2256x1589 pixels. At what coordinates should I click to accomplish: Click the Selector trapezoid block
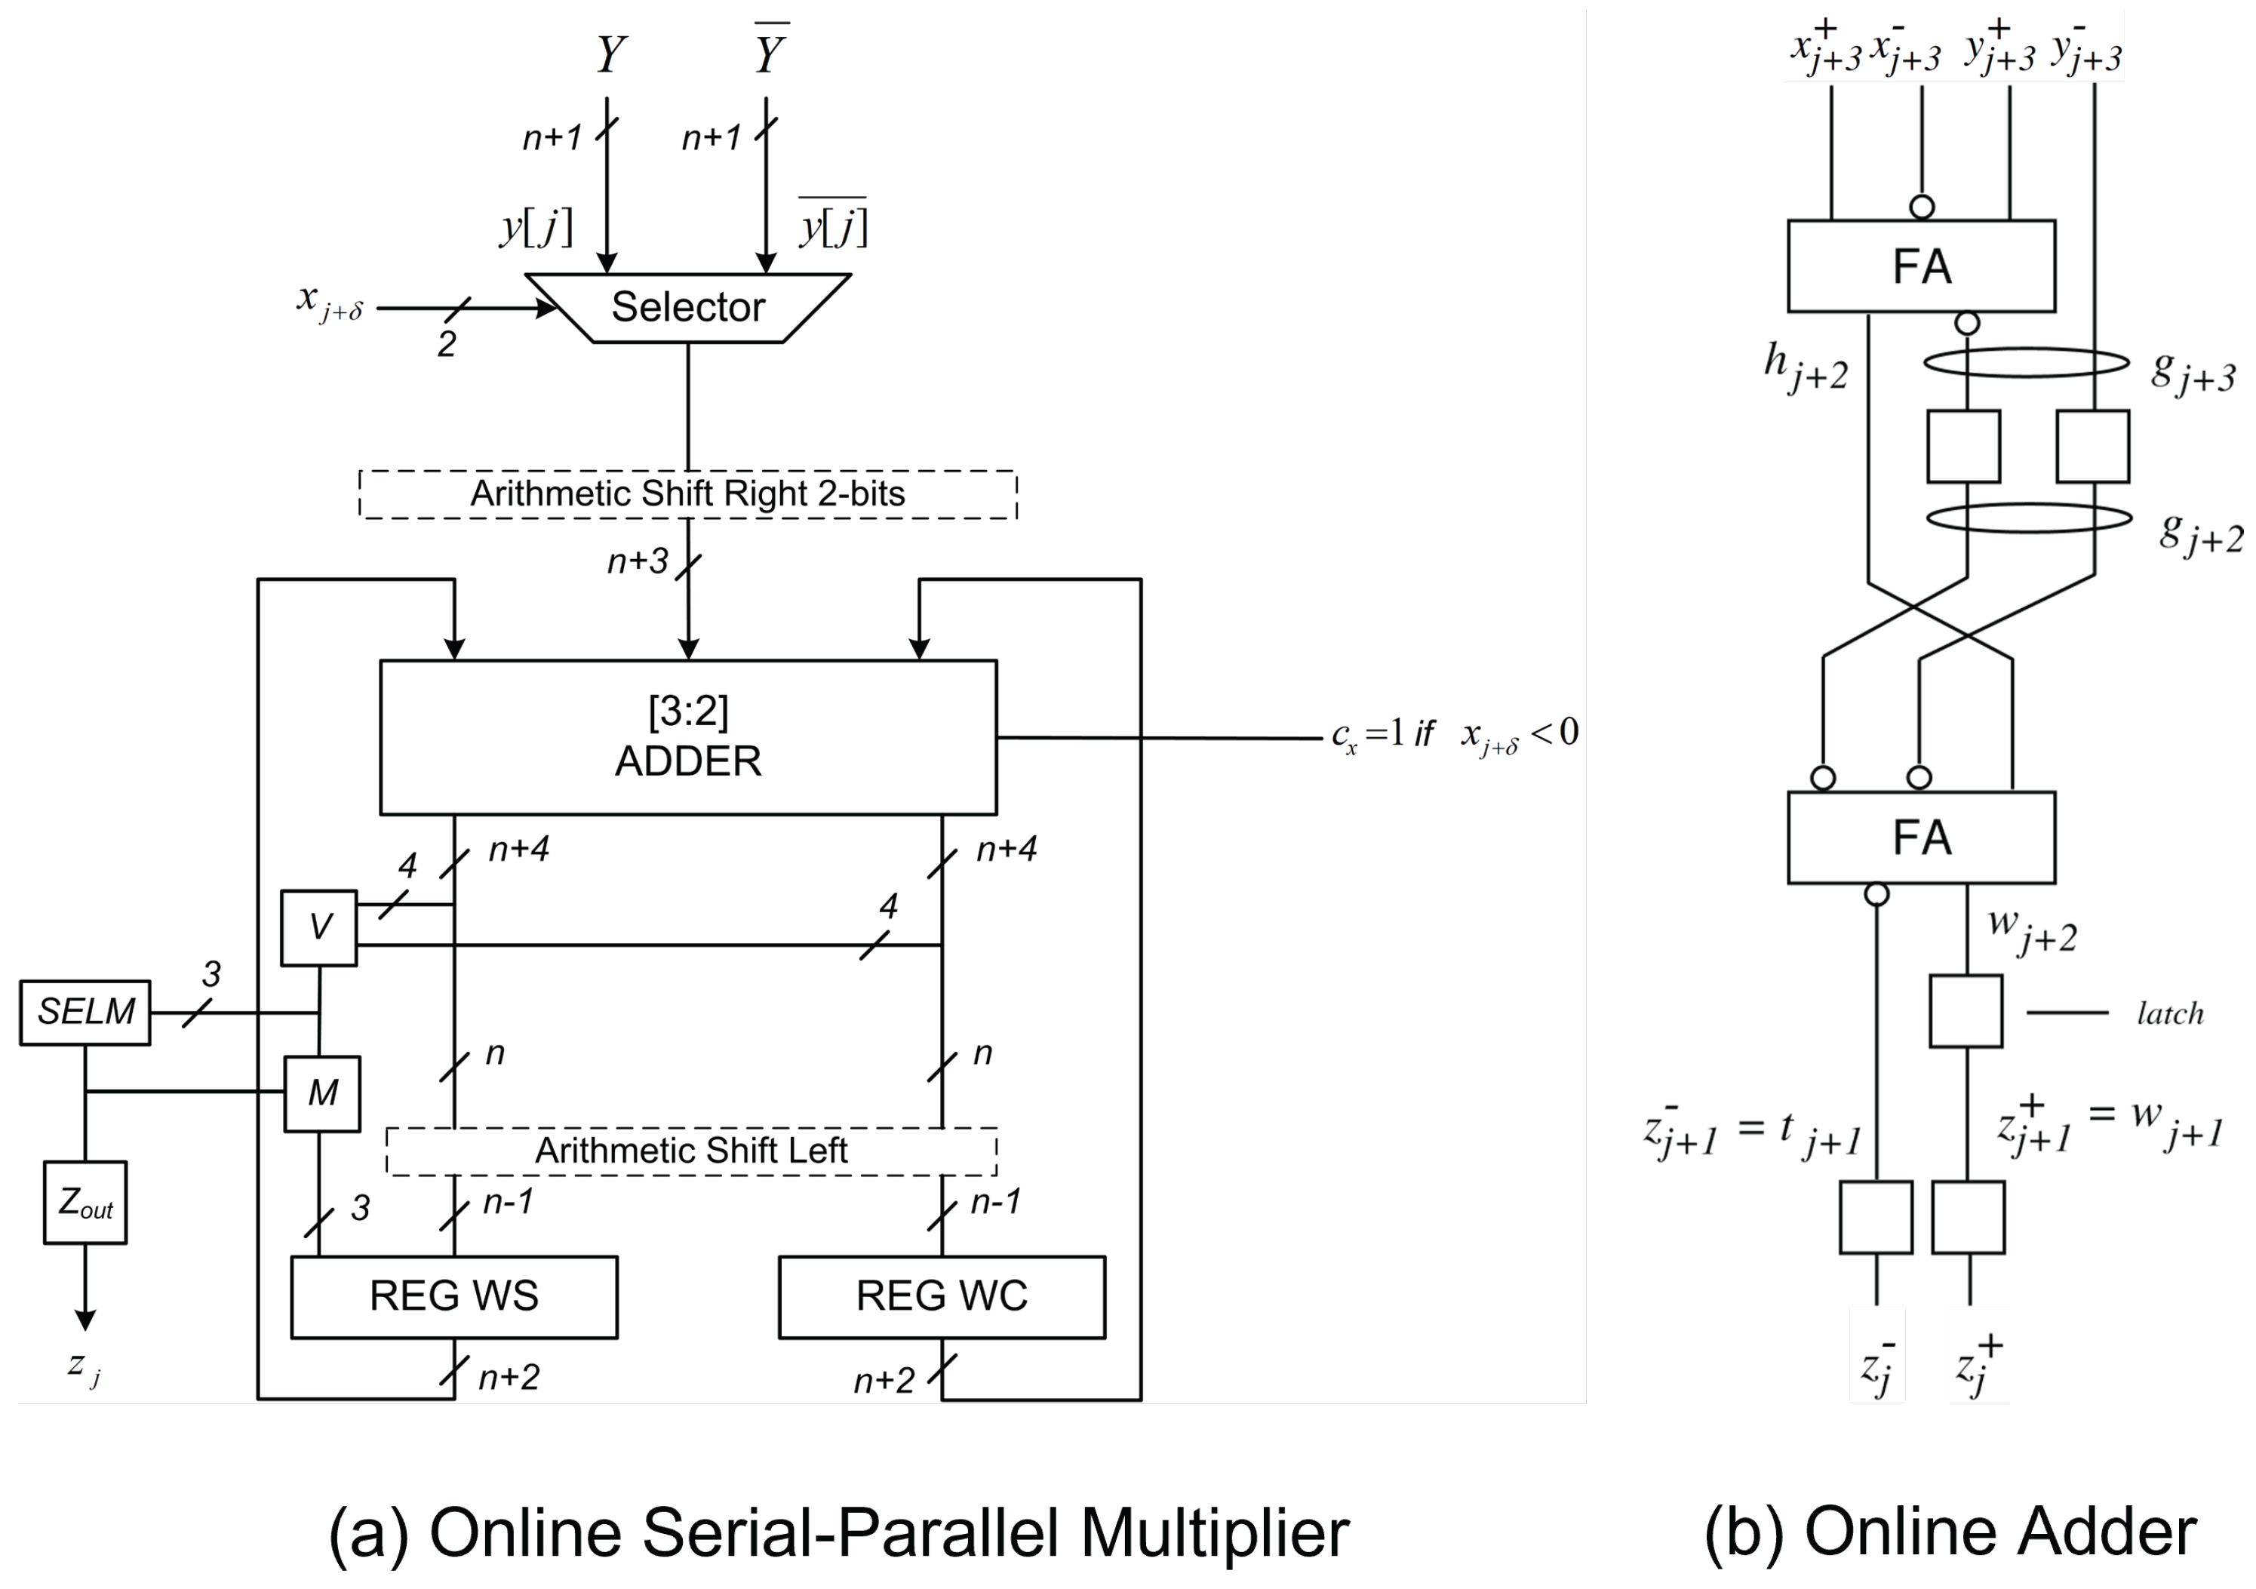point(688,308)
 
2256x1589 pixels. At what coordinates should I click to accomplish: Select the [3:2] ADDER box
point(688,737)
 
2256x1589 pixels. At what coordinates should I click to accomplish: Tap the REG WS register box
point(454,1296)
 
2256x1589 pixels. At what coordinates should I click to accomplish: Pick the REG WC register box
point(942,1296)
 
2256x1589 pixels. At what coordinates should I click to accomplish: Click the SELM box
point(85,1012)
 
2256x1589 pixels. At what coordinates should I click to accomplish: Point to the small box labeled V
point(319,927)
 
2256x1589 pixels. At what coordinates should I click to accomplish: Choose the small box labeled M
point(322,1093)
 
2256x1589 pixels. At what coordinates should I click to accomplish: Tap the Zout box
point(85,1203)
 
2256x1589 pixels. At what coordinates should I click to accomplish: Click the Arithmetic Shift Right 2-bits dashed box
point(688,494)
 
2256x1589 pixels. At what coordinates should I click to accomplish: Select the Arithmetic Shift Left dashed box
point(692,1151)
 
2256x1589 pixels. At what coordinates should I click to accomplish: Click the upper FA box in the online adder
point(1921,266)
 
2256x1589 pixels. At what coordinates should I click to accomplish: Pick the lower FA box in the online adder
point(1921,838)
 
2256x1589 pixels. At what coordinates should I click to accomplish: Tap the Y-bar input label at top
point(770,51)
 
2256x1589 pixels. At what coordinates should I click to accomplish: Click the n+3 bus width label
point(638,561)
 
